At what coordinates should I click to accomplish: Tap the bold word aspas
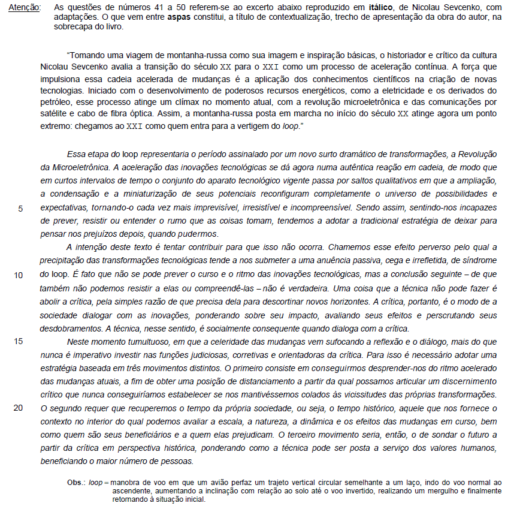[180, 18]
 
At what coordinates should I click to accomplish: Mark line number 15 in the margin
[19, 341]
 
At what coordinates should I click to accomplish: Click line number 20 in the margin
[19, 408]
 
